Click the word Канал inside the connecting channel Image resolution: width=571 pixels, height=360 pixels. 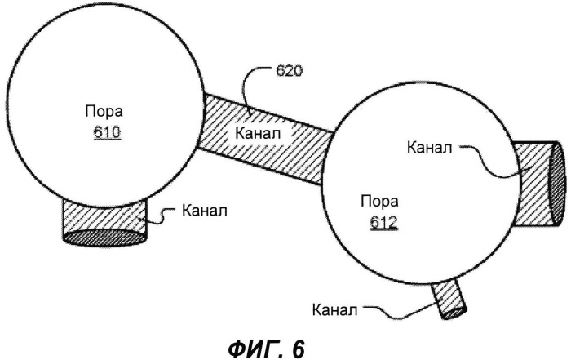click(259, 131)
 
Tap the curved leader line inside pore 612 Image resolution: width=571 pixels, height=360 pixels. click(489, 162)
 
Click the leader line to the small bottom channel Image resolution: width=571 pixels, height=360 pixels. click(400, 312)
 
